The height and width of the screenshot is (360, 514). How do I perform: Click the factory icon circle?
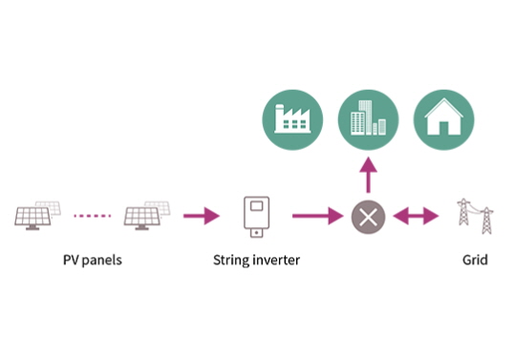coord(292,120)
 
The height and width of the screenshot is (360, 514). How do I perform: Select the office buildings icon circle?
coord(368,120)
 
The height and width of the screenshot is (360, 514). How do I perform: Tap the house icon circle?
coord(444,120)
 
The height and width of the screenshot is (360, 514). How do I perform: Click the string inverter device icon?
coord(257,217)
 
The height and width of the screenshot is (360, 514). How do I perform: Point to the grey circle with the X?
coord(368,217)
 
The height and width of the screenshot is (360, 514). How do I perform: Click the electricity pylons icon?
coord(476,216)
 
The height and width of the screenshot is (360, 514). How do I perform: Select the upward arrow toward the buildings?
coord(368,175)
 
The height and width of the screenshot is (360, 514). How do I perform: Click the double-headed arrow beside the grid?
coord(416,216)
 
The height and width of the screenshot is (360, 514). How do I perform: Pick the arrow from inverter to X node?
coord(317,216)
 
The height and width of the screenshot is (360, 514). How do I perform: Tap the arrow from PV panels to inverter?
coord(202,216)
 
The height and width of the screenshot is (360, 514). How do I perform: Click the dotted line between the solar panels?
coord(93,216)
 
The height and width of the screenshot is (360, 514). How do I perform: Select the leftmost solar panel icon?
coord(37,216)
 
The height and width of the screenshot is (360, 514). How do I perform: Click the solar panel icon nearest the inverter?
coord(147,216)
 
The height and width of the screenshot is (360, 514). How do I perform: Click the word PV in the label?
coord(71,260)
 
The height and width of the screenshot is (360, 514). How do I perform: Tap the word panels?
coord(102,261)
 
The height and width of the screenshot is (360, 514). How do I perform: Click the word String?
coord(230,261)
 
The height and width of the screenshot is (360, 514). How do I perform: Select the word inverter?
coord(276,260)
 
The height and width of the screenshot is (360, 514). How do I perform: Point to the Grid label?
coord(475,260)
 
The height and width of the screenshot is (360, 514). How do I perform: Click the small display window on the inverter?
coord(257,206)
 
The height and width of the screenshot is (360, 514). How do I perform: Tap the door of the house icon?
coord(444,128)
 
